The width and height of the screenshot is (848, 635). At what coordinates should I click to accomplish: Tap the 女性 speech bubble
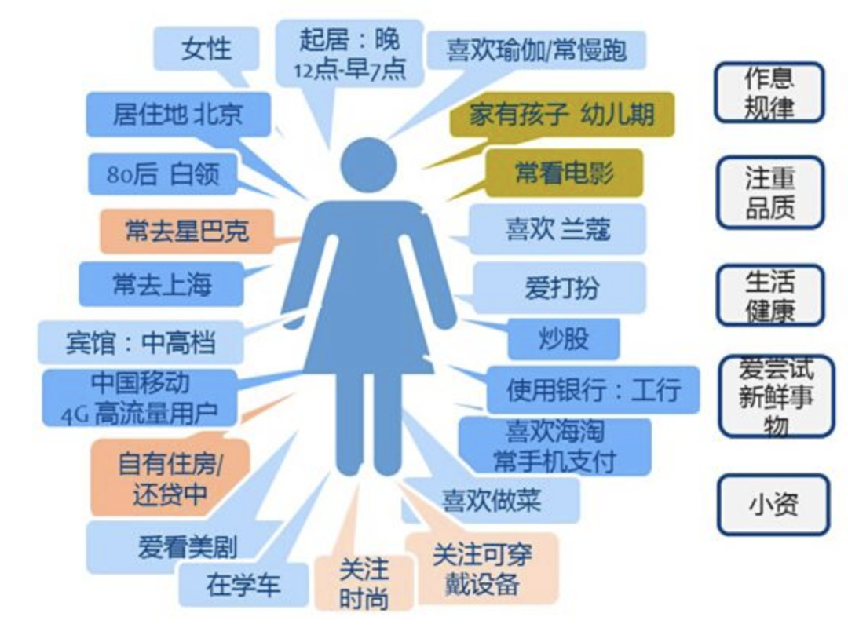pos(206,48)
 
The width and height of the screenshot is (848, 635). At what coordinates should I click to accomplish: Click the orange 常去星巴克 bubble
pos(186,230)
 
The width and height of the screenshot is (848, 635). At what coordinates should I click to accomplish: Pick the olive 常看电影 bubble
pos(563,173)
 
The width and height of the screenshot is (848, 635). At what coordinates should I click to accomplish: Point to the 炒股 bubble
pos(563,339)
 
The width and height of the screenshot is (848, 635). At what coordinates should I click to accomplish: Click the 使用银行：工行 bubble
pos(593,389)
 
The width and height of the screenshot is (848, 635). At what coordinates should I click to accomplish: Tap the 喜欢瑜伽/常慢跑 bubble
pos(536,49)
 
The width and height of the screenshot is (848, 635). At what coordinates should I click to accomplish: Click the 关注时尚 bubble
pos(364,584)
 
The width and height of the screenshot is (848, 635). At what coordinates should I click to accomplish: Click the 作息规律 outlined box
pos(769,93)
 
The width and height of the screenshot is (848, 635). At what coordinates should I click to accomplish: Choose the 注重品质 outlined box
pos(769,193)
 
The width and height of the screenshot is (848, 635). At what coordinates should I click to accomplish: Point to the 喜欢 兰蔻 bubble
pos(557,230)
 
